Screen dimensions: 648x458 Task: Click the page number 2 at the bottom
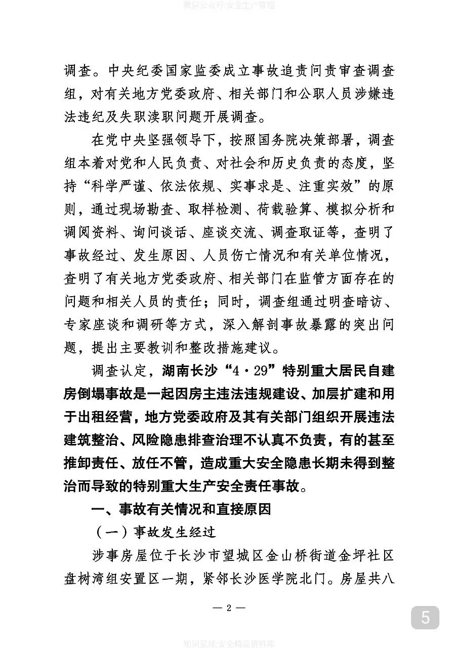coord(229,608)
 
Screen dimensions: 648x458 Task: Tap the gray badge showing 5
coord(425,618)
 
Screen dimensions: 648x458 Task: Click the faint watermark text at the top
coord(229,6)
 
